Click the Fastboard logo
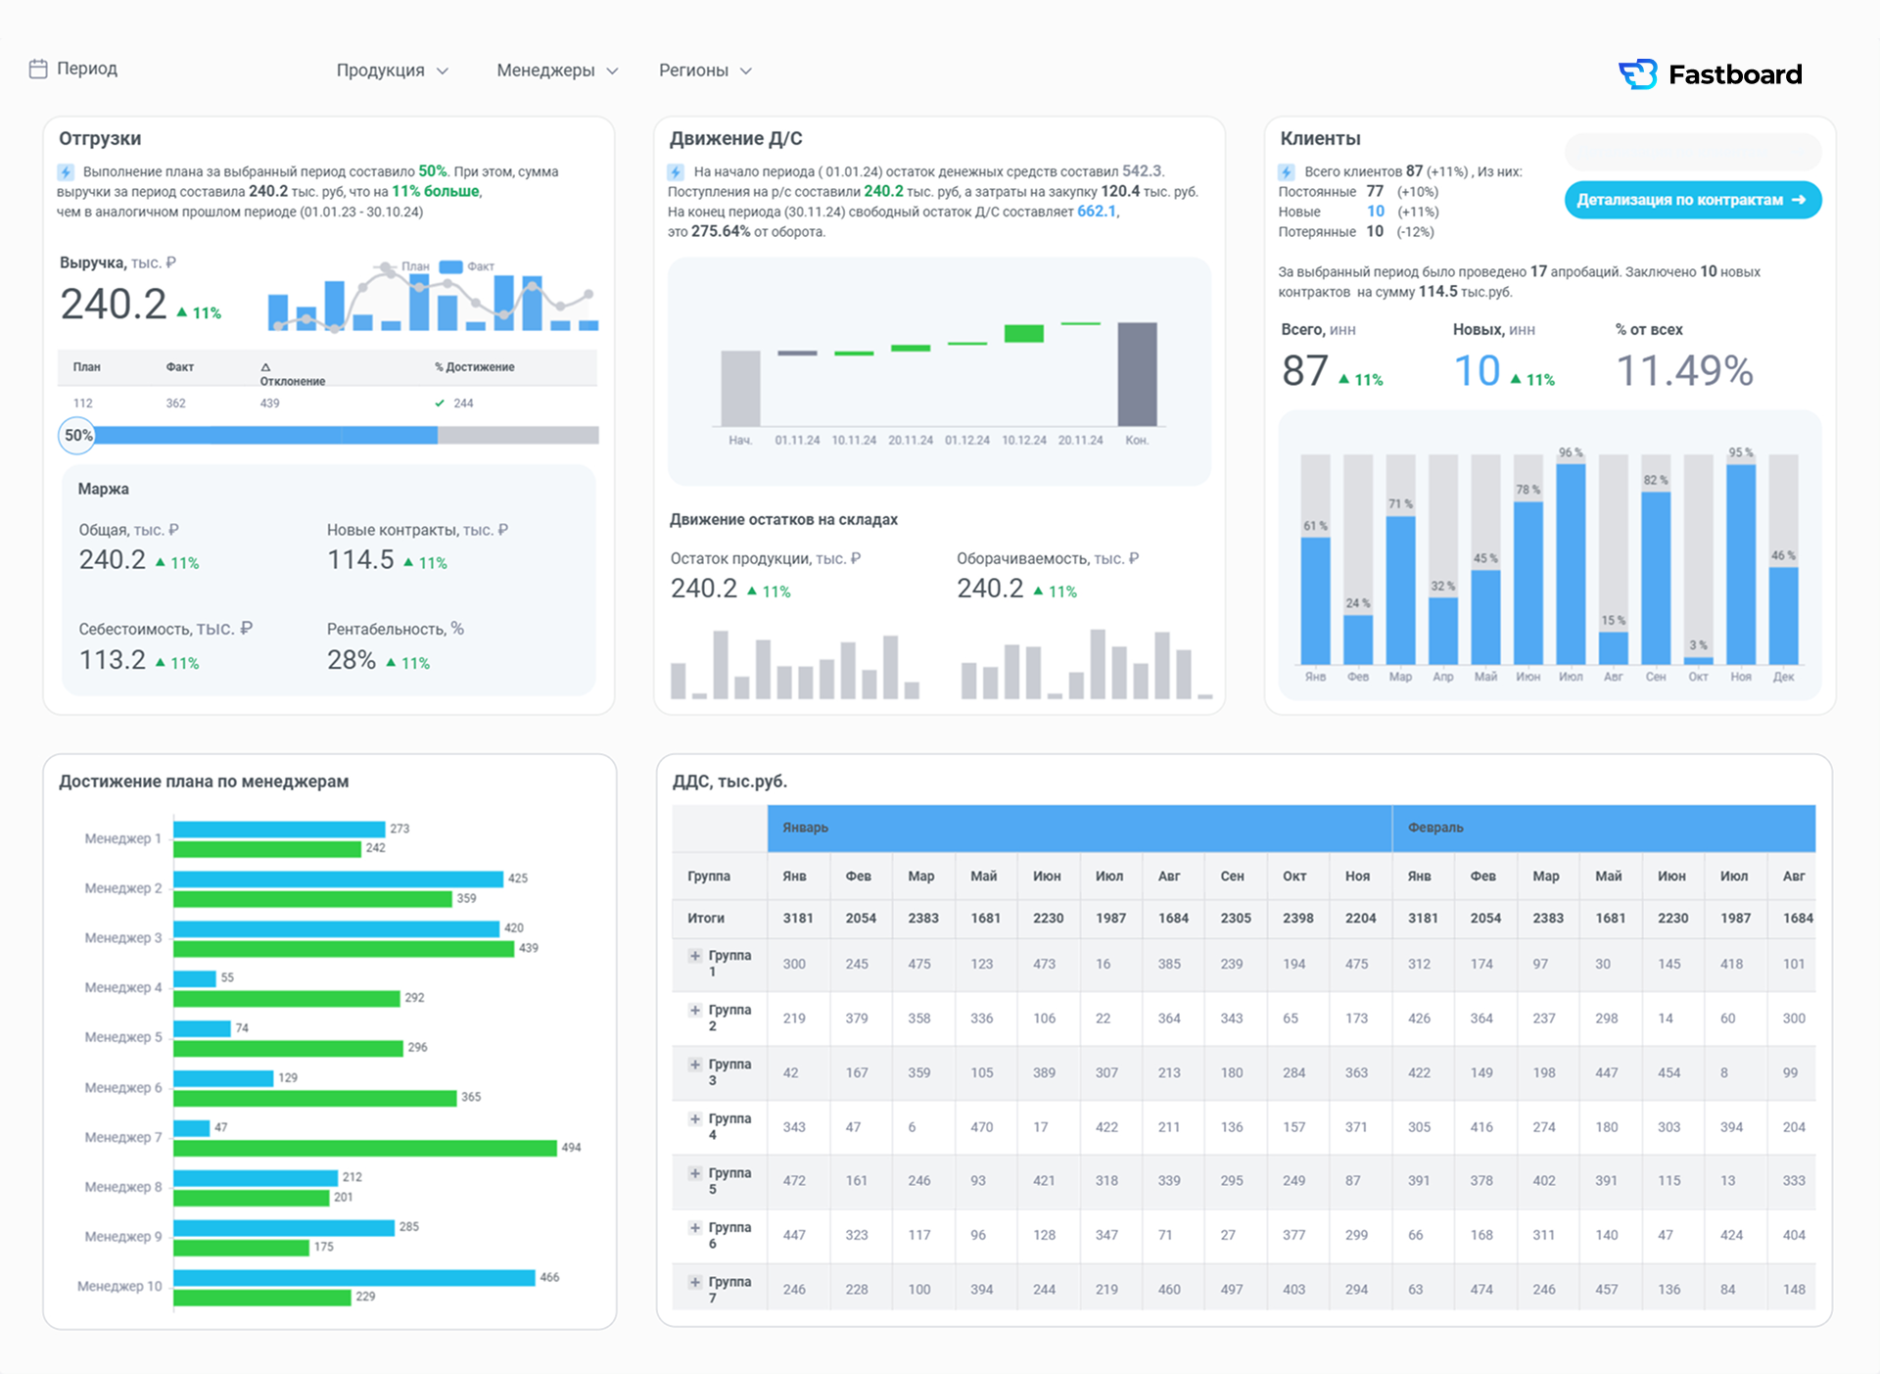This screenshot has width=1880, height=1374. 1710,74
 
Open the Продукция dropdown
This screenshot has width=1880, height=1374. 392,71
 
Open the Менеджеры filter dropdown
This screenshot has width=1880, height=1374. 557,71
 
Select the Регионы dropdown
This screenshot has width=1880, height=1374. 705,71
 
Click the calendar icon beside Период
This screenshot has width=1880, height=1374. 38,69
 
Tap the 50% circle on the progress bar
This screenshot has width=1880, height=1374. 77,436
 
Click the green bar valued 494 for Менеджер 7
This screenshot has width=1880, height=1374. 365,1148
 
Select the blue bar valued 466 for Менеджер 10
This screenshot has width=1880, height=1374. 354,1278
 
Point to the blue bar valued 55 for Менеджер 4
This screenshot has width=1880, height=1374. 195,978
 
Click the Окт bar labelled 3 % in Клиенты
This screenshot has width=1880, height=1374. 1698,661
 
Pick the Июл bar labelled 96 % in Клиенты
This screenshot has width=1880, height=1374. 1571,564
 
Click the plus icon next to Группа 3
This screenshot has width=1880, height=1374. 694,1065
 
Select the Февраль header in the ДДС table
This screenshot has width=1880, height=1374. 1435,828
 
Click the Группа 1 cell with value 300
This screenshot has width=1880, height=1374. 794,964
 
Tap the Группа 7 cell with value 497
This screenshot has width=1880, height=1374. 1232,1290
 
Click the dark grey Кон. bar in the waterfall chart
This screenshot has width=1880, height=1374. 1137,374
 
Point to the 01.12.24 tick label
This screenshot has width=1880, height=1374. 967,441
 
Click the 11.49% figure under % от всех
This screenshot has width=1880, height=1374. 1684,371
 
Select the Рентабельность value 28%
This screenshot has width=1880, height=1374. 352,660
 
